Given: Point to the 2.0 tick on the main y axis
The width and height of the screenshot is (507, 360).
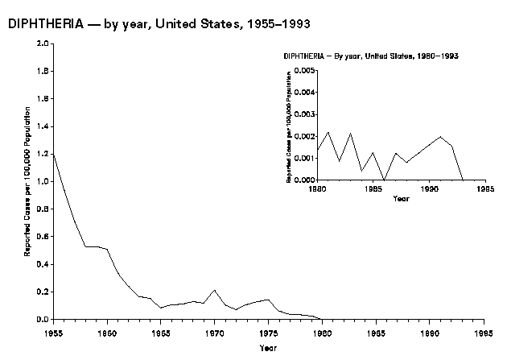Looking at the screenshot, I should (x=43, y=43).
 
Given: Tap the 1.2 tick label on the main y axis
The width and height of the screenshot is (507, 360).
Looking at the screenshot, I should (x=43, y=154).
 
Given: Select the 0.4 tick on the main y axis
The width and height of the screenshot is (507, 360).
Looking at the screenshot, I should (x=43, y=264).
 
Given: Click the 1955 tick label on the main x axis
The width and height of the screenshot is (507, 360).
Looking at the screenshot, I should (x=53, y=331).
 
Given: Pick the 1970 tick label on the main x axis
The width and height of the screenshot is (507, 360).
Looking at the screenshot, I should (x=214, y=331).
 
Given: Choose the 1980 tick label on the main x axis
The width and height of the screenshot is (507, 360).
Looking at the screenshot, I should (x=322, y=331).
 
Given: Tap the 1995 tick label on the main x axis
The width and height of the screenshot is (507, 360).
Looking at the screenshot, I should (x=483, y=331).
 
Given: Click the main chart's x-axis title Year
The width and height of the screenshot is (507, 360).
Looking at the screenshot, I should (x=268, y=348).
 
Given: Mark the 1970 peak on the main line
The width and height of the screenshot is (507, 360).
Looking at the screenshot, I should (x=215, y=290).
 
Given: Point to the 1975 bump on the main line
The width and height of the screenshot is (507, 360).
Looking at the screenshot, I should (x=268, y=300).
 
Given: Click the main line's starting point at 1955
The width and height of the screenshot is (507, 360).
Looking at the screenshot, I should (x=54, y=154).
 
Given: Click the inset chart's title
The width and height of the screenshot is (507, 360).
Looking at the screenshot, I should (x=377, y=56).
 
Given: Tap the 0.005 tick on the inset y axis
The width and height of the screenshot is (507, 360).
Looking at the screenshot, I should (x=306, y=72).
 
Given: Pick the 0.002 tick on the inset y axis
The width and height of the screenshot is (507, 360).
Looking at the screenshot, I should (x=306, y=136).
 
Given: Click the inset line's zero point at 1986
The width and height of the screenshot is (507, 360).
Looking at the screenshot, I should (x=385, y=180).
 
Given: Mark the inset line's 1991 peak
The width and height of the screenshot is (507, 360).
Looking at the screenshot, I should (x=440, y=137).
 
